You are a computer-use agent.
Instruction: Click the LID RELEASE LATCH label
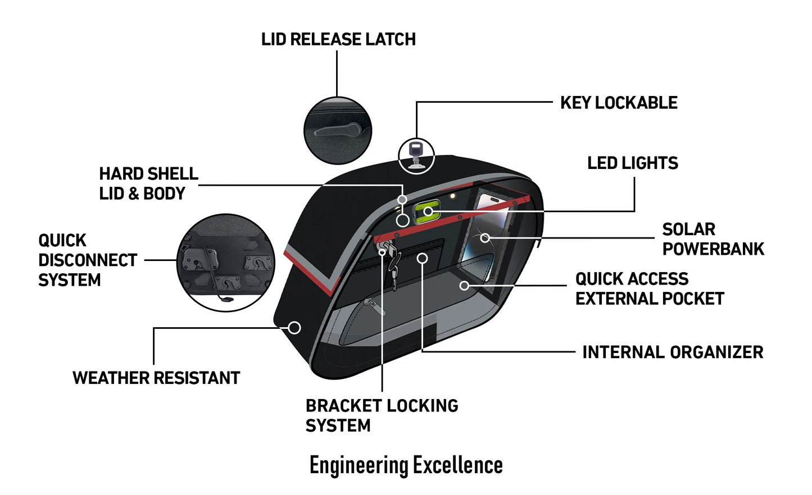338,39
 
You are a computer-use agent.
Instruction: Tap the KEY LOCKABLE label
619,103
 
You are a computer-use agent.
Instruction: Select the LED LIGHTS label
632,163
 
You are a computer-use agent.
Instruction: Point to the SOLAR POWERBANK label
713,239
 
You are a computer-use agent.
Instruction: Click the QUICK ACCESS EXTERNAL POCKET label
649,288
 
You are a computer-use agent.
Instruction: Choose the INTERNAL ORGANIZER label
672,352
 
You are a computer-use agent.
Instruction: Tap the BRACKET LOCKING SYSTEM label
382,415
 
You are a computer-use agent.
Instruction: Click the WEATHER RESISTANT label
156,378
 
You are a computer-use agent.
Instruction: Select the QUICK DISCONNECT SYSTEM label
87,260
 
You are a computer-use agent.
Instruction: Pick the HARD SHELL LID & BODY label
148,184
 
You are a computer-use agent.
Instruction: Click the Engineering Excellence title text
406,465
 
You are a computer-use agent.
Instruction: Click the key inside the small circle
416,154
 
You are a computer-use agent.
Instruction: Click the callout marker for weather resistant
294,327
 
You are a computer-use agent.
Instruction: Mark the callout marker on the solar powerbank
485,238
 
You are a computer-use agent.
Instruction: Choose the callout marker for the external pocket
464,286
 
